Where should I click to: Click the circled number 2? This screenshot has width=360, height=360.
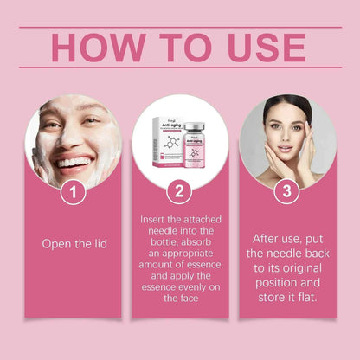[x=179, y=193]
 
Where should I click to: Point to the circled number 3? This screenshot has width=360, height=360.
[x=286, y=193]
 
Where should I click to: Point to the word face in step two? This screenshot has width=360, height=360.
[x=179, y=297]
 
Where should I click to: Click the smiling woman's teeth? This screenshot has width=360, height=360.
[x=75, y=162]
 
